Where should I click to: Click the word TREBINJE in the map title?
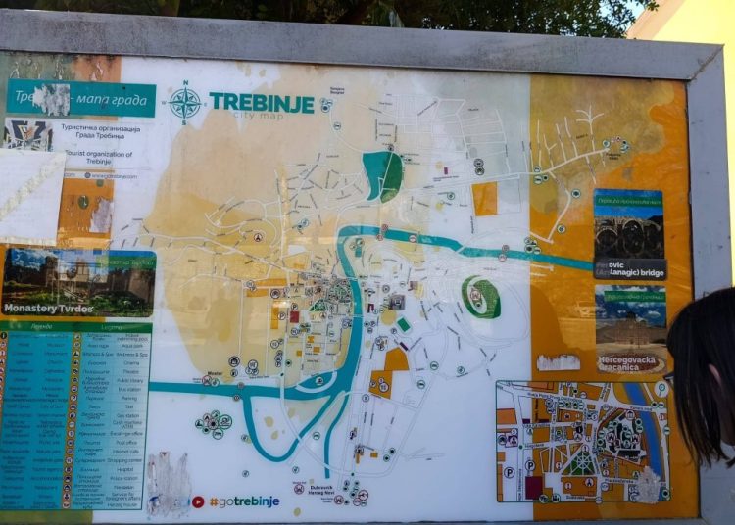tap(262, 103)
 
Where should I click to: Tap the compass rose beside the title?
tap(185, 102)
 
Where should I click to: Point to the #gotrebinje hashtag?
tap(244, 501)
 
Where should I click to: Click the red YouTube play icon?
tap(198, 501)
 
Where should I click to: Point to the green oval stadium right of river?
tap(481, 297)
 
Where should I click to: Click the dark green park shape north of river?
tap(383, 176)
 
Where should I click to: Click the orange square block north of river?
tap(484, 199)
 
